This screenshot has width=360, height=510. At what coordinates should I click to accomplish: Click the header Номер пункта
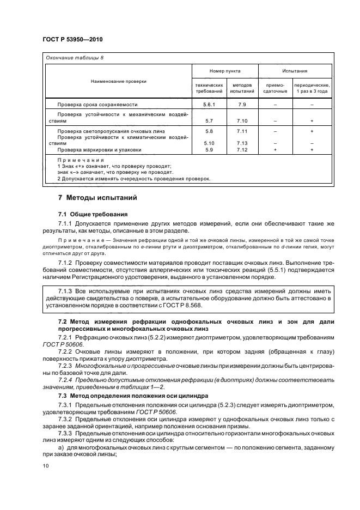(x=225, y=71)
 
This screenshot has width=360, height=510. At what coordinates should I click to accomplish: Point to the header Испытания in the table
(x=295, y=71)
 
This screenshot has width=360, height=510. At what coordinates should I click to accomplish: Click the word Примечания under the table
(x=81, y=160)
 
